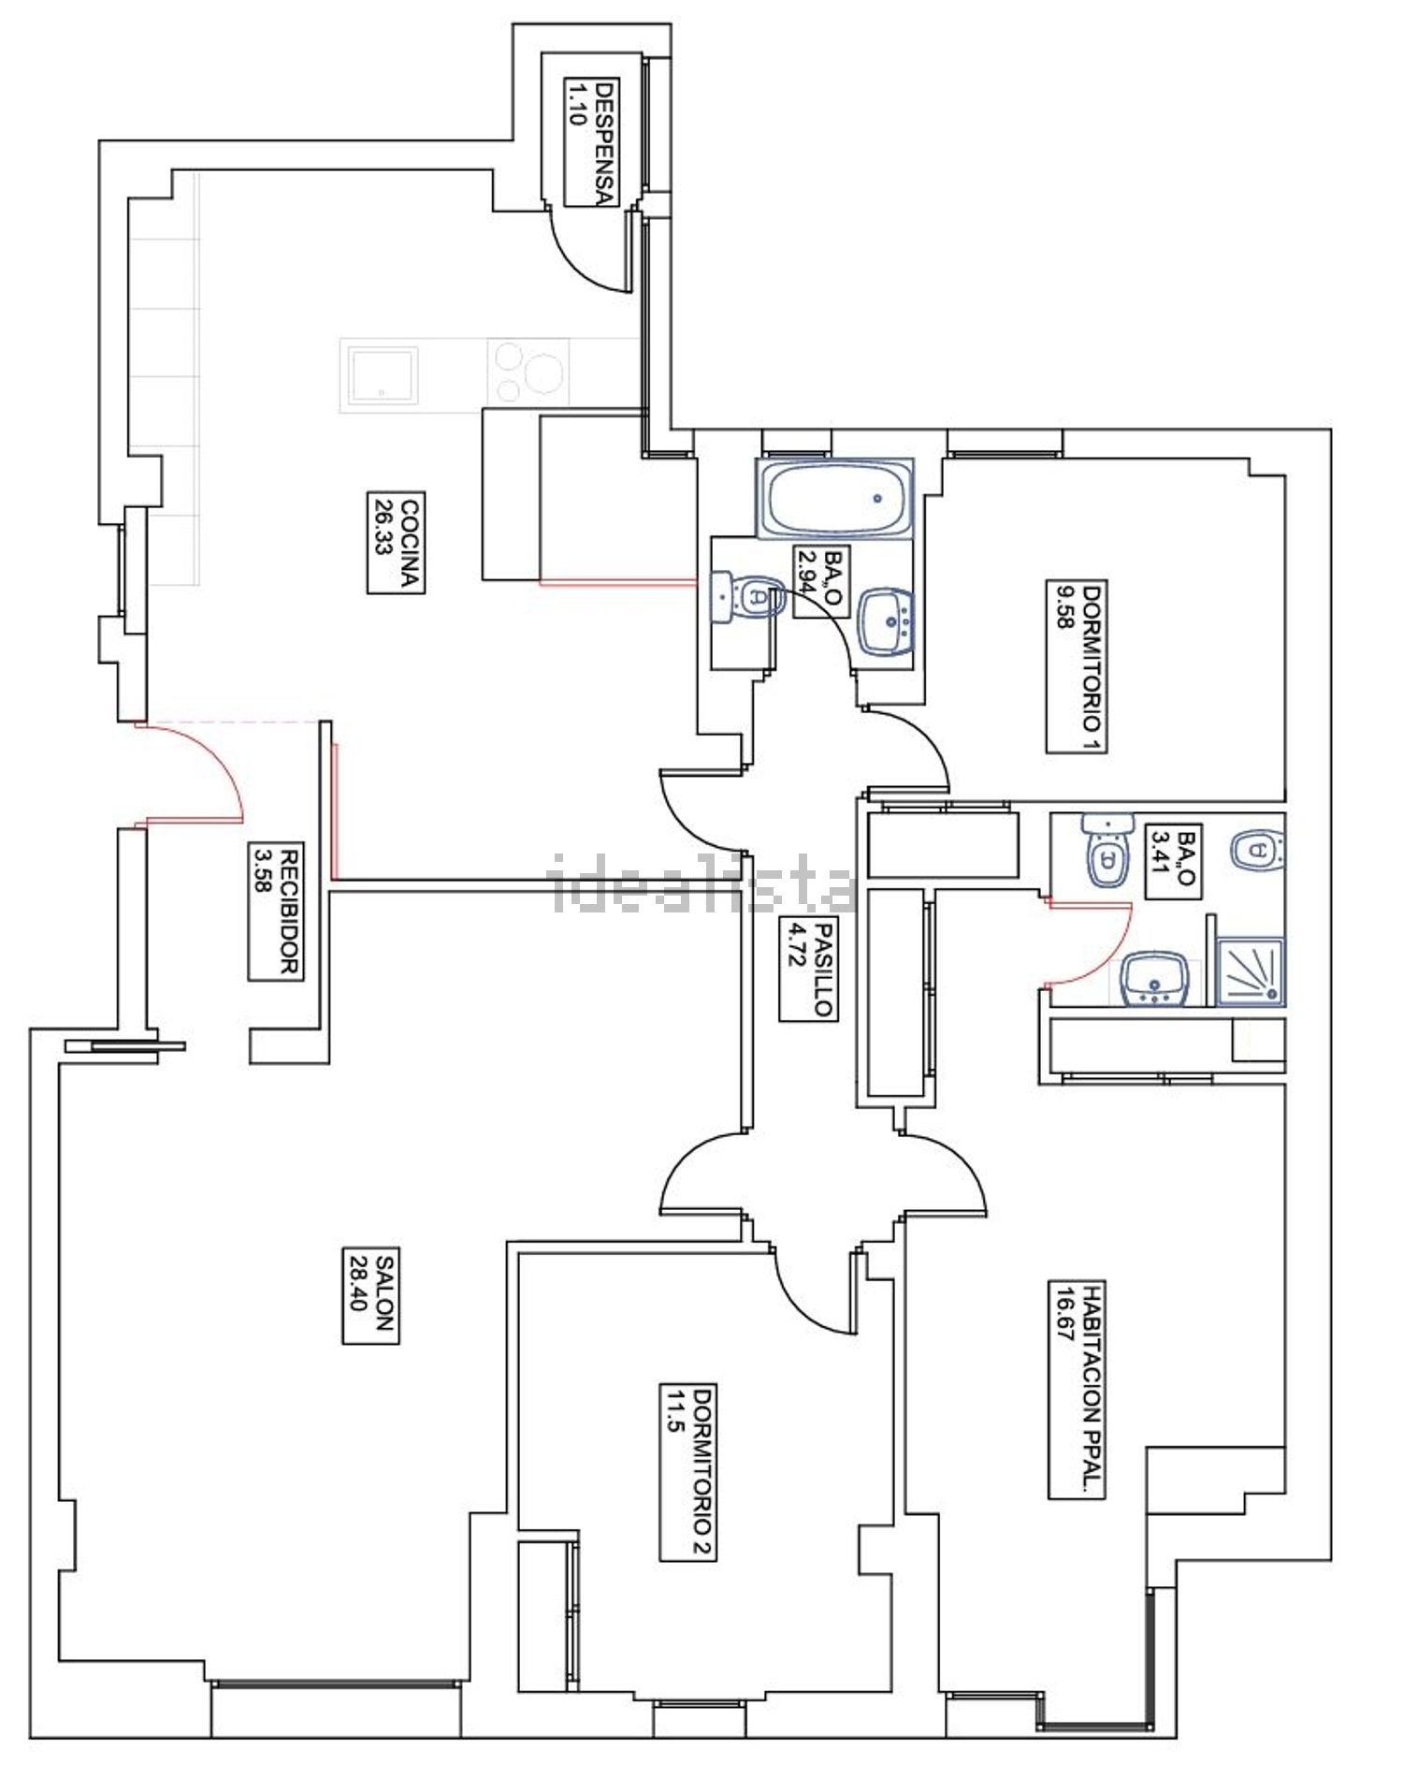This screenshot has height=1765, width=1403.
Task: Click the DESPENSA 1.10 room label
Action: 591,142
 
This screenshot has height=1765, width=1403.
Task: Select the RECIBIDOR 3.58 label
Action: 277,912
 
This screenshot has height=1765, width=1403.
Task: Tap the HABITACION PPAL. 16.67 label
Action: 1077,1390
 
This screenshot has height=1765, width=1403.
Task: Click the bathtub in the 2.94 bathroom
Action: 834,498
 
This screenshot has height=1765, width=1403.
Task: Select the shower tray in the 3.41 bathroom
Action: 1251,972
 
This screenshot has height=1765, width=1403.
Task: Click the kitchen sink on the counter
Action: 383,375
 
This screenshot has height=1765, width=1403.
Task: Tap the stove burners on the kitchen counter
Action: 529,372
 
